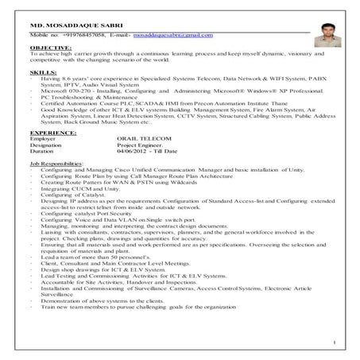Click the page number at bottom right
[x=336, y=343]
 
